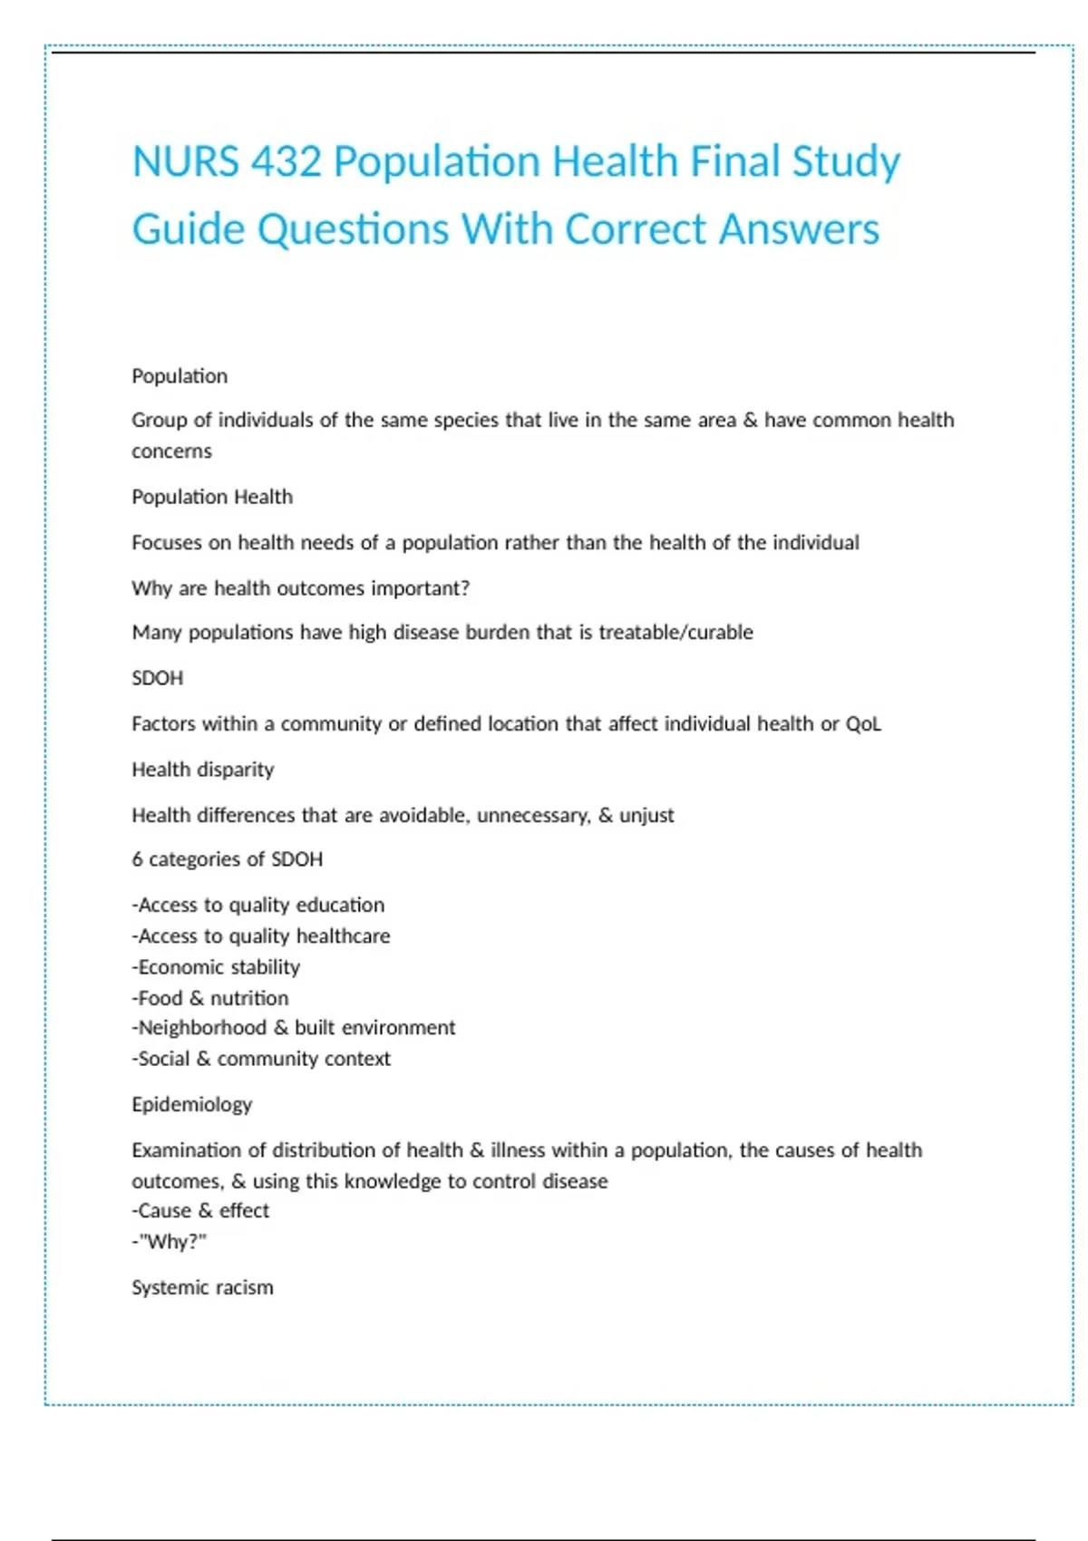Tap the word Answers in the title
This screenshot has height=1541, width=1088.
coord(799,229)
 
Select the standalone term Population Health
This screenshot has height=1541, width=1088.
coord(212,497)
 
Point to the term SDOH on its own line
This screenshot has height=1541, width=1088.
coord(157,678)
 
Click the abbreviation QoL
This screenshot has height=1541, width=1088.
coord(862,724)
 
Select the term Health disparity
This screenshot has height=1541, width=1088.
coord(202,770)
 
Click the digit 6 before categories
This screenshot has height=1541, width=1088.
coord(137,859)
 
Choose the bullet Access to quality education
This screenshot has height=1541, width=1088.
coord(258,905)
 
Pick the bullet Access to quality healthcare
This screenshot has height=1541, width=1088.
coord(261,935)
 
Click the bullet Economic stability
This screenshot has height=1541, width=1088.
coord(216,967)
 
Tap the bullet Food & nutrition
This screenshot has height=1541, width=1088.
coord(210,998)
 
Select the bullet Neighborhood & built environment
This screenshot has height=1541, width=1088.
coord(294,1028)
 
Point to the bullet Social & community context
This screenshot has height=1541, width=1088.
coord(261,1059)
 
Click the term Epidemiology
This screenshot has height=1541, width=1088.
coord(191,1104)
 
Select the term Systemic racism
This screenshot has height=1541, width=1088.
coord(202,1287)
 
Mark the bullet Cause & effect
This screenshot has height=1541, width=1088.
coord(200,1211)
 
